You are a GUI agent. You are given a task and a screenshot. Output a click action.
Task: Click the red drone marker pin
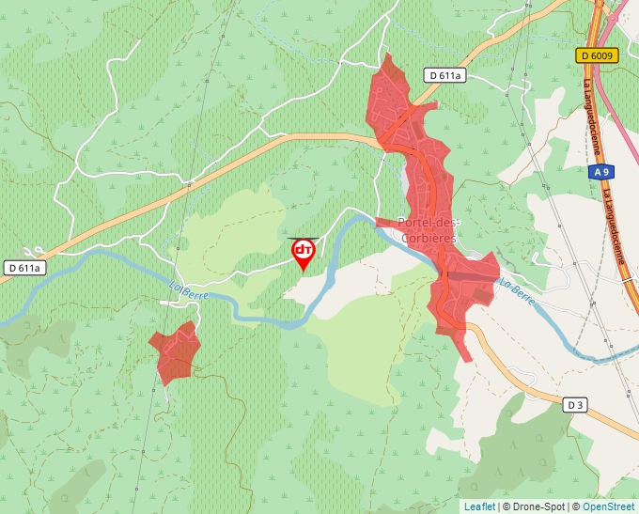coord(304,252)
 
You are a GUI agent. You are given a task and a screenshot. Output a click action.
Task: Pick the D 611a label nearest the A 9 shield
coord(445,75)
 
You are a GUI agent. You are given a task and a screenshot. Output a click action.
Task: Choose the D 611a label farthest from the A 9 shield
coord(23,268)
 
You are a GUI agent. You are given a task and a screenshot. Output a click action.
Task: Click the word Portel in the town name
coord(414,223)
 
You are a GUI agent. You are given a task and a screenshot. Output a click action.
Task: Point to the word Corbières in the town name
coord(428,239)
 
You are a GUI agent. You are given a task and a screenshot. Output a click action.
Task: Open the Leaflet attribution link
coord(479,506)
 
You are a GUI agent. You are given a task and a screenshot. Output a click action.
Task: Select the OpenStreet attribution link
coord(608,506)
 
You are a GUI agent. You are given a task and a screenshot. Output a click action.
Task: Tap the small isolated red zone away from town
coord(175,351)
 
